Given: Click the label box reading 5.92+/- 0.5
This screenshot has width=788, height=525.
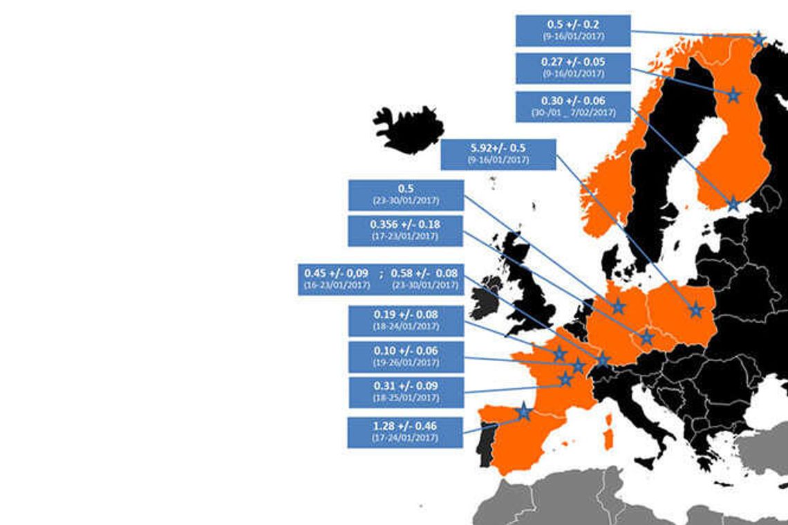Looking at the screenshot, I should tap(498, 154).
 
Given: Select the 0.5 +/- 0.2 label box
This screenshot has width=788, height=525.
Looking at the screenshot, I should tap(573, 30).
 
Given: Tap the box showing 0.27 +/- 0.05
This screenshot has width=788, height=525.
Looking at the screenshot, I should tap(573, 68).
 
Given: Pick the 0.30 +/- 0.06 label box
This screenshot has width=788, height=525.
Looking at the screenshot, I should tap(573, 107).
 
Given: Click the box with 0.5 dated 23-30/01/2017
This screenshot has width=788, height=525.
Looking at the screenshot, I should tap(405, 194).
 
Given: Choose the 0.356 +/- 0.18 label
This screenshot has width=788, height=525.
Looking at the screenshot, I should tap(405, 230).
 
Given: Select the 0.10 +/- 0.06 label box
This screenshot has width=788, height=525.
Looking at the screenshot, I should tap(405, 356).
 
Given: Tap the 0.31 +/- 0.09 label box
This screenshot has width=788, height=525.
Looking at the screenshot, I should tap(405, 392).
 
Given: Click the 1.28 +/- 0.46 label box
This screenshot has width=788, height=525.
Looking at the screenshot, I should tap(405, 432).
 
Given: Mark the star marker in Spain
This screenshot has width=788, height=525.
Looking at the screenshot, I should tap(524, 412).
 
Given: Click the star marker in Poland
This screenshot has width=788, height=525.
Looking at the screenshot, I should tap(695, 311).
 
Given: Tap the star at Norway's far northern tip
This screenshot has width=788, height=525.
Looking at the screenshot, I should tap(758, 39).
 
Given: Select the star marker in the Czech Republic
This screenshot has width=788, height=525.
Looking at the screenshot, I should tap(646, 338).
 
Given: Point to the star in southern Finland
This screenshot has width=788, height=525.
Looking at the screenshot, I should tap(733, 204).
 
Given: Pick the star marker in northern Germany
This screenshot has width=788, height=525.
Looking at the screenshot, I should tap(618, 306).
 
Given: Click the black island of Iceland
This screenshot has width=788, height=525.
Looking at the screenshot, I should tap(408, 129).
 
